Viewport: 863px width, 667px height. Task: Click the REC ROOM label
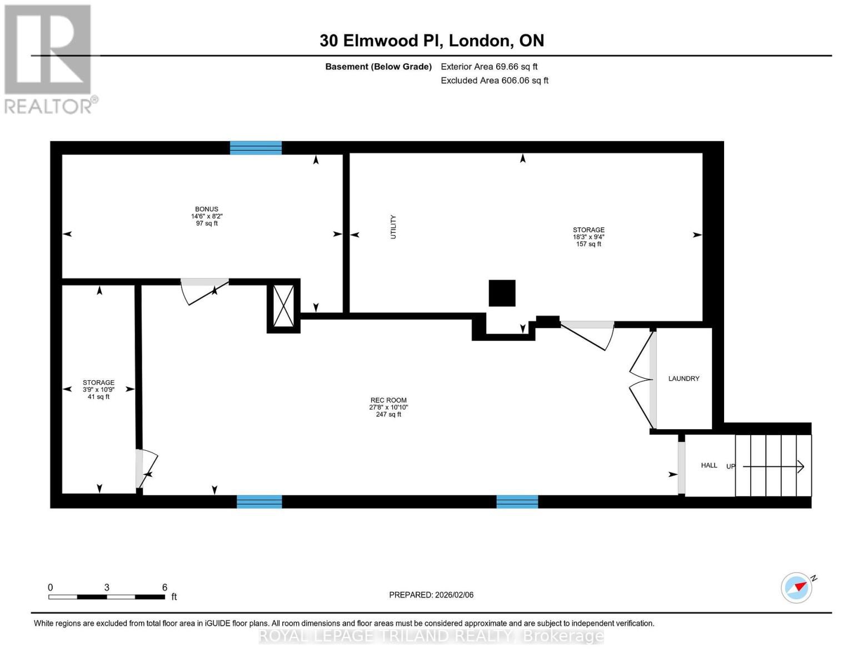pyautogui.click(x=388, y=400)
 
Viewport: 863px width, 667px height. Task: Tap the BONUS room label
pyautogui.click(x=206, y=209)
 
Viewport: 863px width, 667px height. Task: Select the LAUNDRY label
pyautogui.click(x=684, y=379)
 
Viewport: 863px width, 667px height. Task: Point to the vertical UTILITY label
pyautogui.click(x=393, y=227)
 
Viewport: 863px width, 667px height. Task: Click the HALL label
pyautogui.click(x=709, y=465)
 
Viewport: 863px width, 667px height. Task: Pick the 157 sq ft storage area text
pyautogui.click(x=588, y=244)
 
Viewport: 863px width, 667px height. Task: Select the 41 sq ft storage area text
pyautogui.click(x=98, y=397)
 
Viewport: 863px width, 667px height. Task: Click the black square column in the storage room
pyautogui.click(x=502, y=293)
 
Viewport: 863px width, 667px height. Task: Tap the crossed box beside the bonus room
pyautogui.click(x=283, y=306)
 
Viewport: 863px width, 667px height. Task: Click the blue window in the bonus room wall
pyautogui.click(x=256, y=148)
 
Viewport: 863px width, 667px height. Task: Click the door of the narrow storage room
pyautogui.click(x=147, y=470)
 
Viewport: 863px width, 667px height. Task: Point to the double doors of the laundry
pyautogui.click(x=642, y=380)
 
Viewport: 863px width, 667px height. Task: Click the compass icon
pyautogui.click(x=797, y=588)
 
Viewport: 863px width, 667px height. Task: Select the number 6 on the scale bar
pyautogui.click(x=164, y=588)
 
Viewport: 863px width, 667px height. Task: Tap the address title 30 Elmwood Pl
pyautogui.click(x=431, y=41)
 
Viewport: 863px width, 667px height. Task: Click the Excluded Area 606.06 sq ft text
pyautogui.click(x=494, y=81)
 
